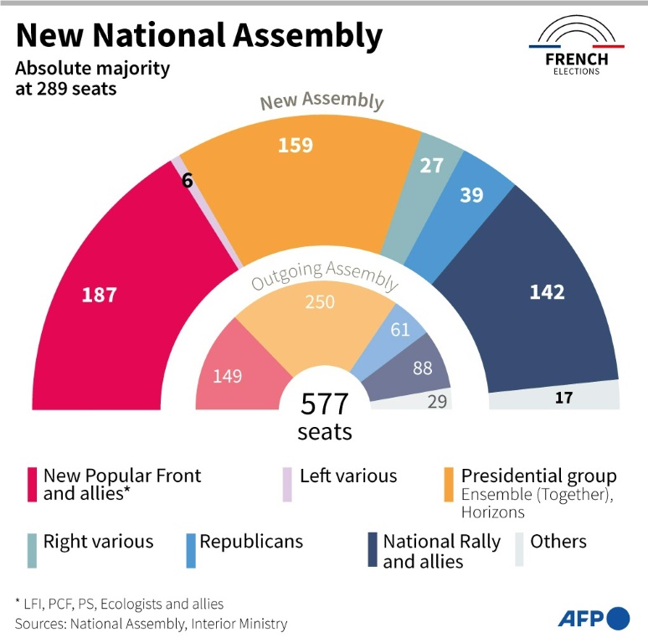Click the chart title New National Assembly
pos(199,36)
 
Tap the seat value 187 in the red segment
pos(99,295)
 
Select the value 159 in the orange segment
pos(296,145)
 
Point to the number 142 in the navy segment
pos(547,292)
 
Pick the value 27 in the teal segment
pos(431,165)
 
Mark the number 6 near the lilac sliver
pos(188,179)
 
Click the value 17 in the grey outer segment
pos(563,398)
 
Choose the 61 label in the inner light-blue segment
pos(400,329)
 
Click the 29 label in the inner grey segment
pos(437,402)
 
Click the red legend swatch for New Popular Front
pos(33,485)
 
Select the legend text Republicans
pos(251,542)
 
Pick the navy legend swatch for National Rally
pos(373,550)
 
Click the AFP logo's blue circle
pos(618,618)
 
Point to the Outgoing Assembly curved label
pos(325,275)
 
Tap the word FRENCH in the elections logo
pos(576,59)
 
